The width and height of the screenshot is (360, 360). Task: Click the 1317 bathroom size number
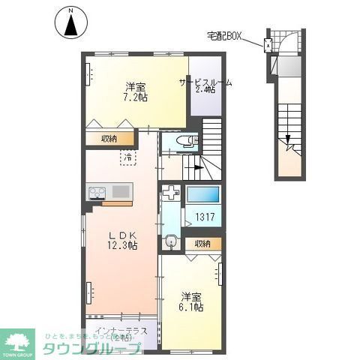[205, 220]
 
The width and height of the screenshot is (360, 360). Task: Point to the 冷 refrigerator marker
[128, 157]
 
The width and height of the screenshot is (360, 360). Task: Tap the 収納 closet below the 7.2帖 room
[109, 137]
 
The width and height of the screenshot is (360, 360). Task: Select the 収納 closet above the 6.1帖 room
[203, 244]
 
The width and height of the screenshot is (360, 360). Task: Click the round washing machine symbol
[171, 241]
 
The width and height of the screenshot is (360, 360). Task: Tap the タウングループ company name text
[94, 349]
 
